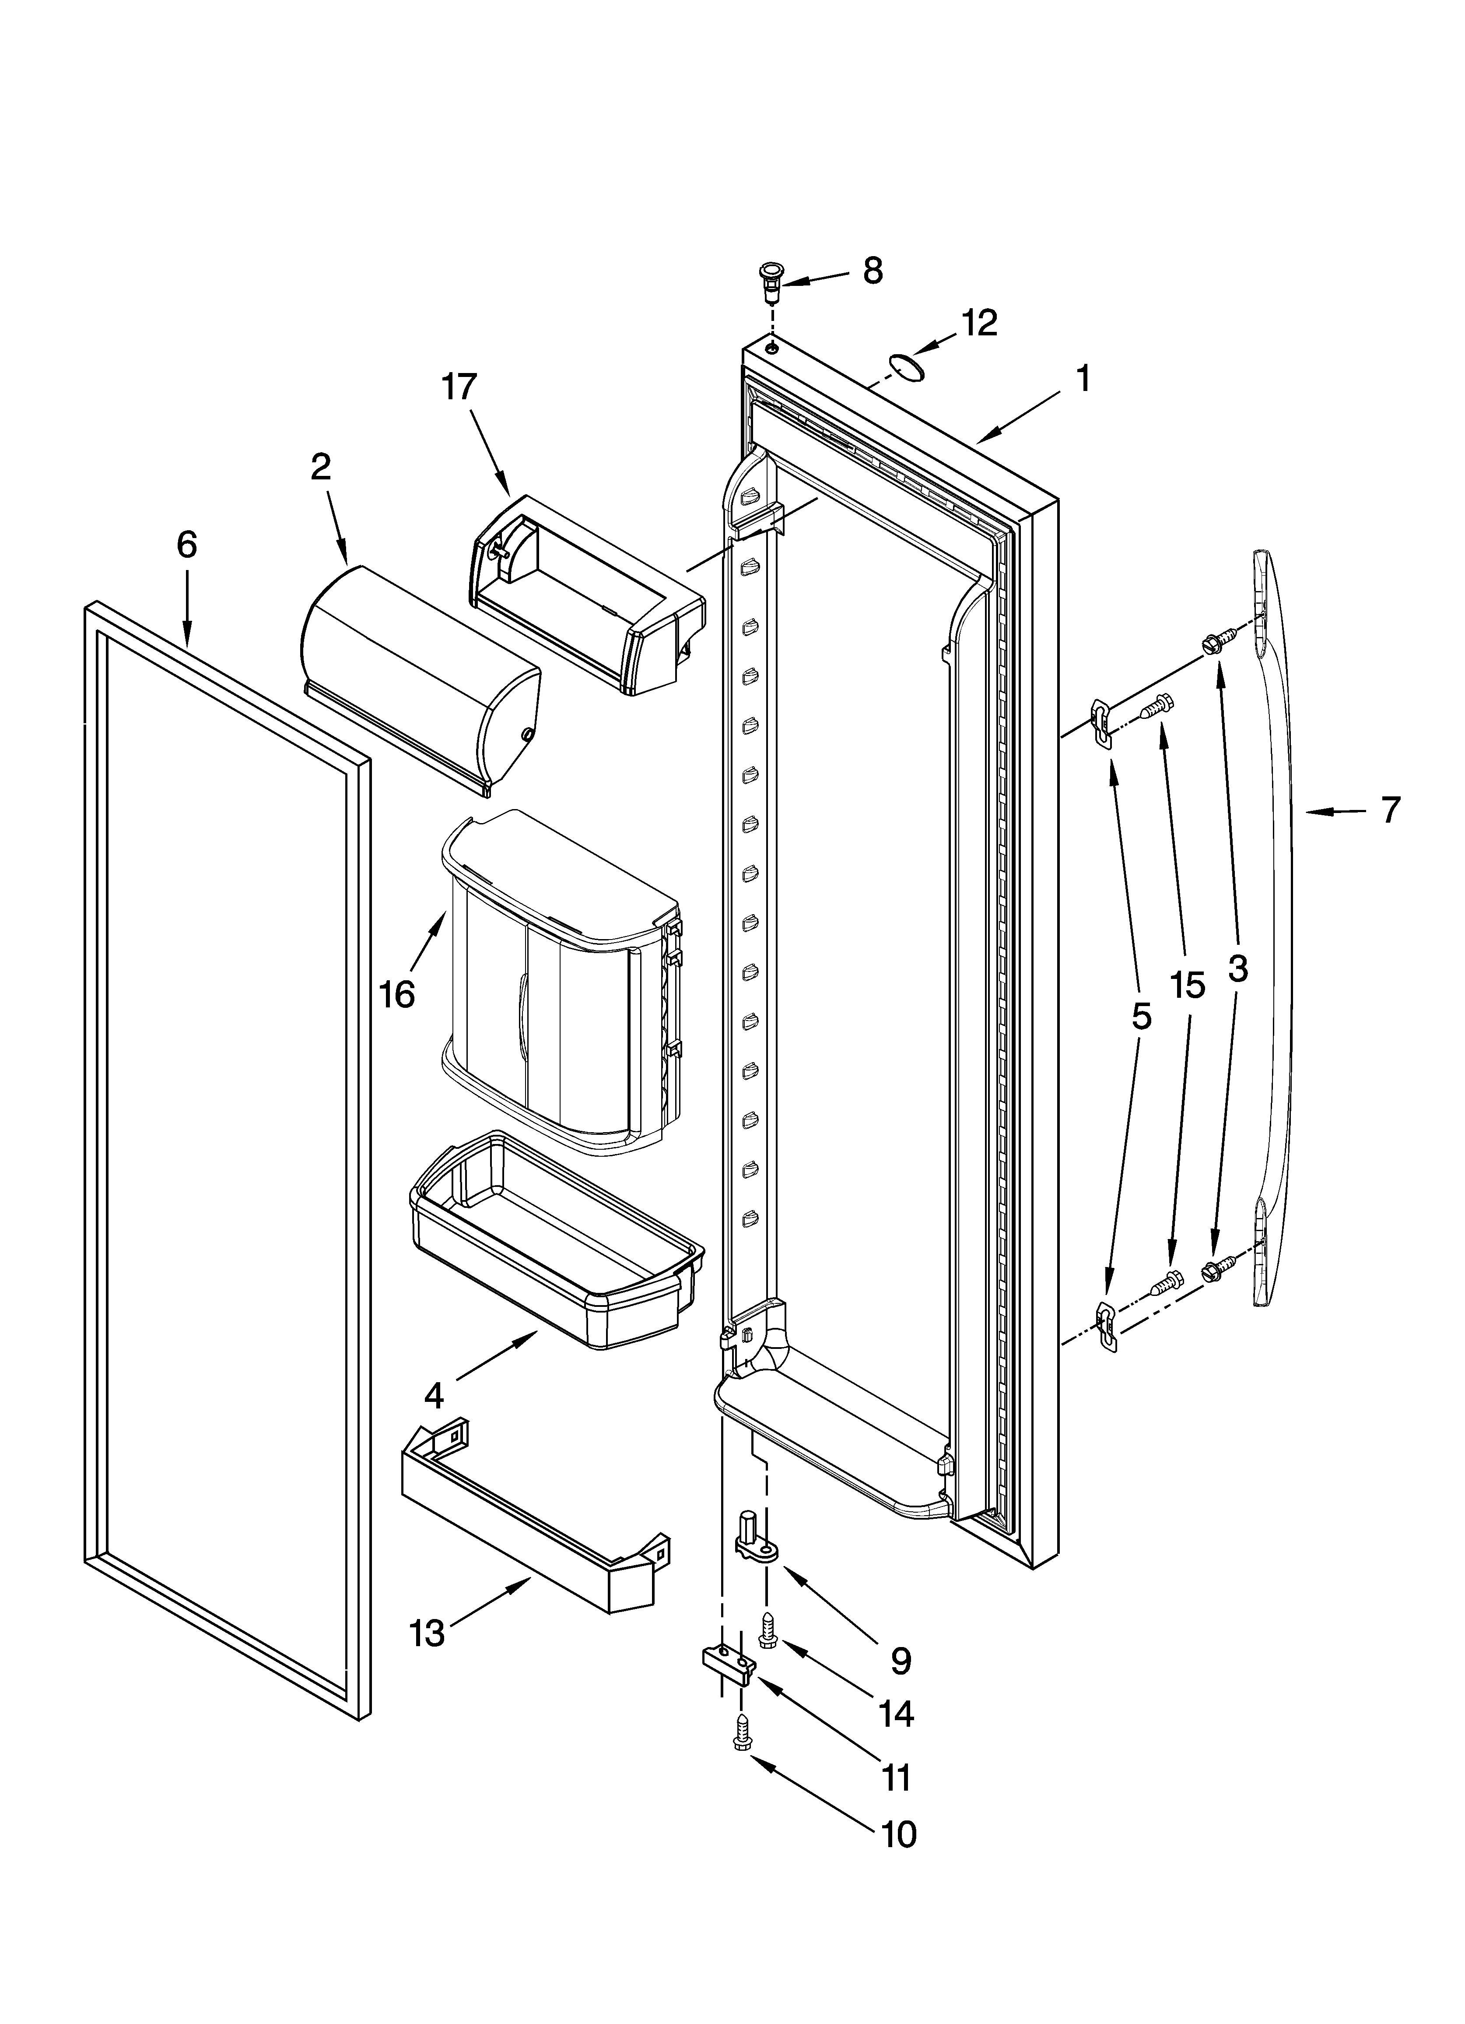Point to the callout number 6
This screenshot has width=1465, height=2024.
coord(186,544)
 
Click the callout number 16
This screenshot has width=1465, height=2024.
coord(397,993)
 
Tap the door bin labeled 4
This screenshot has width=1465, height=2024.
coord(553,1240)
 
